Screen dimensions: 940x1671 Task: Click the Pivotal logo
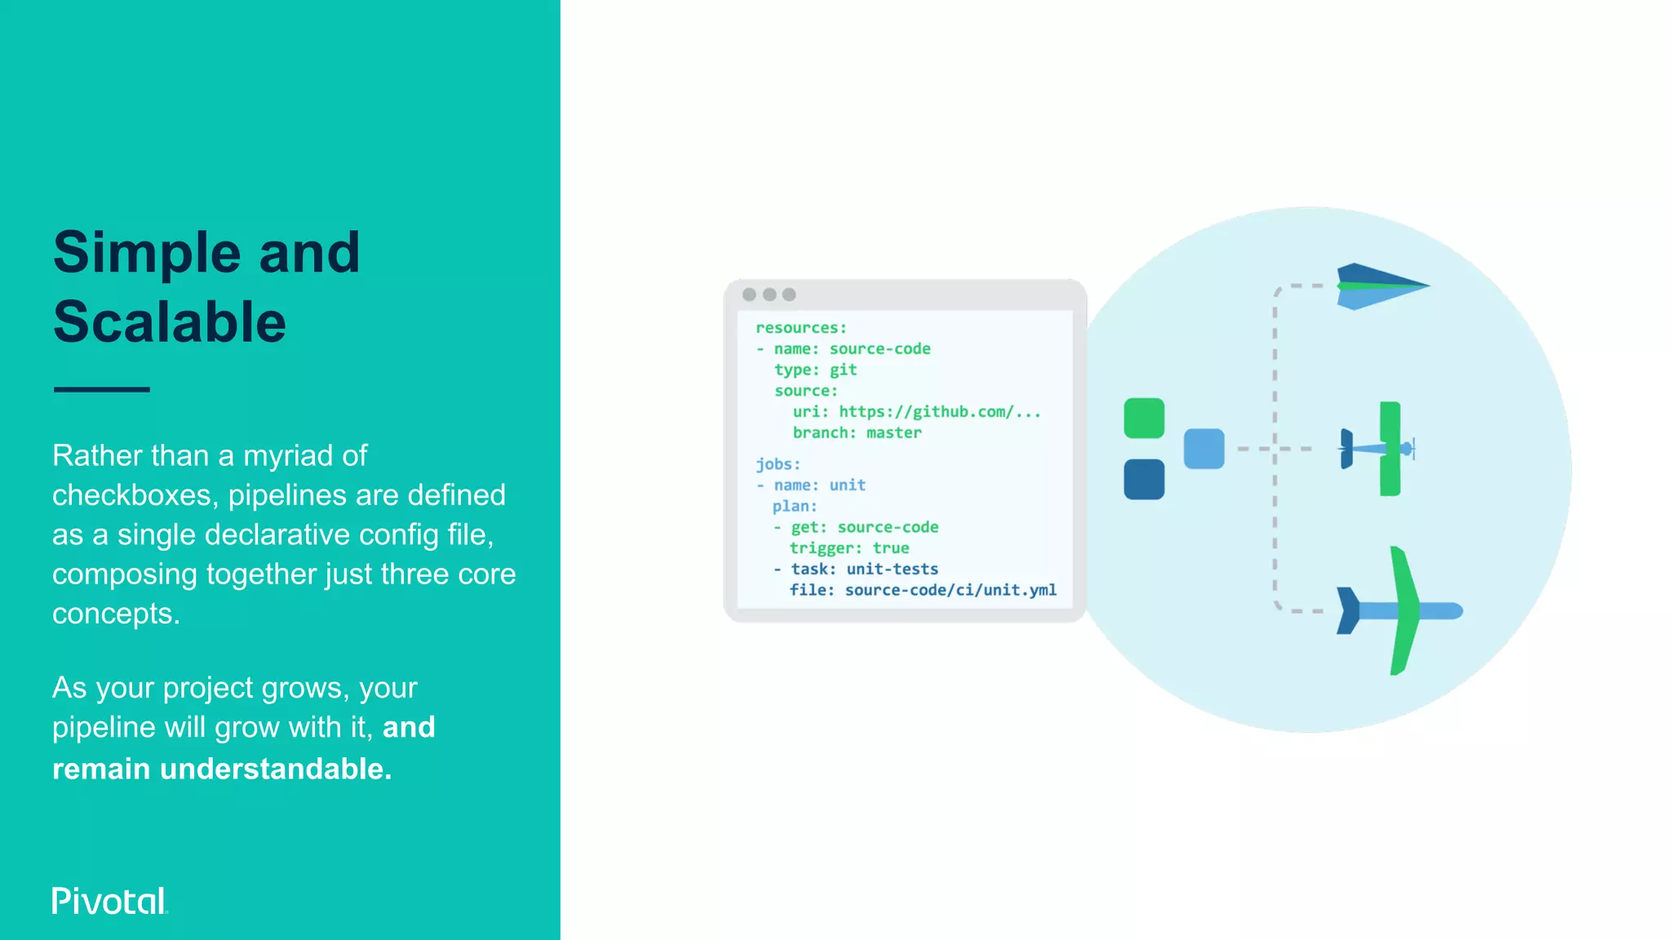(x=109, y=901)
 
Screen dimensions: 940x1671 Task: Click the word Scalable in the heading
(x=170, y=322)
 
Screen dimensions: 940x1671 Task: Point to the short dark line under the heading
(x=102, y=389)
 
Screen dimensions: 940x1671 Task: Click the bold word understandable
(x=276, y=769)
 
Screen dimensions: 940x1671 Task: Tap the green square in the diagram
(x=1144, y=419)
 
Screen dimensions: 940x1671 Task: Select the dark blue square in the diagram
(x=1144, y=479)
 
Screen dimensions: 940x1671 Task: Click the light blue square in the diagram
(x=1203, y=449)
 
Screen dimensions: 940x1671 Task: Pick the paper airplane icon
(x=1381, y=286)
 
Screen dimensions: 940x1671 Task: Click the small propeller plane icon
(x=1379, y=449)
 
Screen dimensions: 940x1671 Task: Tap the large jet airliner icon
(x=1398, y=610)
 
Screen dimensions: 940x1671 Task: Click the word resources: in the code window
(x=801, y=328)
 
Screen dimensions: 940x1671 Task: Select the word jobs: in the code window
(x=778, y=464)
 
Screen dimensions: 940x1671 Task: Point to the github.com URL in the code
(x=939, y=412)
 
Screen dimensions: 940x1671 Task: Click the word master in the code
(x=893, y=433)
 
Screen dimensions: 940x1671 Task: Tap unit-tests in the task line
(x=892, y=570)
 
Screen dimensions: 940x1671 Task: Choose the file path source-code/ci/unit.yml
(x=951, y=590)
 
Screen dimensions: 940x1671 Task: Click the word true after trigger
(x=890, y=548)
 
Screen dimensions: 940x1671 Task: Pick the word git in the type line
(x=843, y=370)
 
